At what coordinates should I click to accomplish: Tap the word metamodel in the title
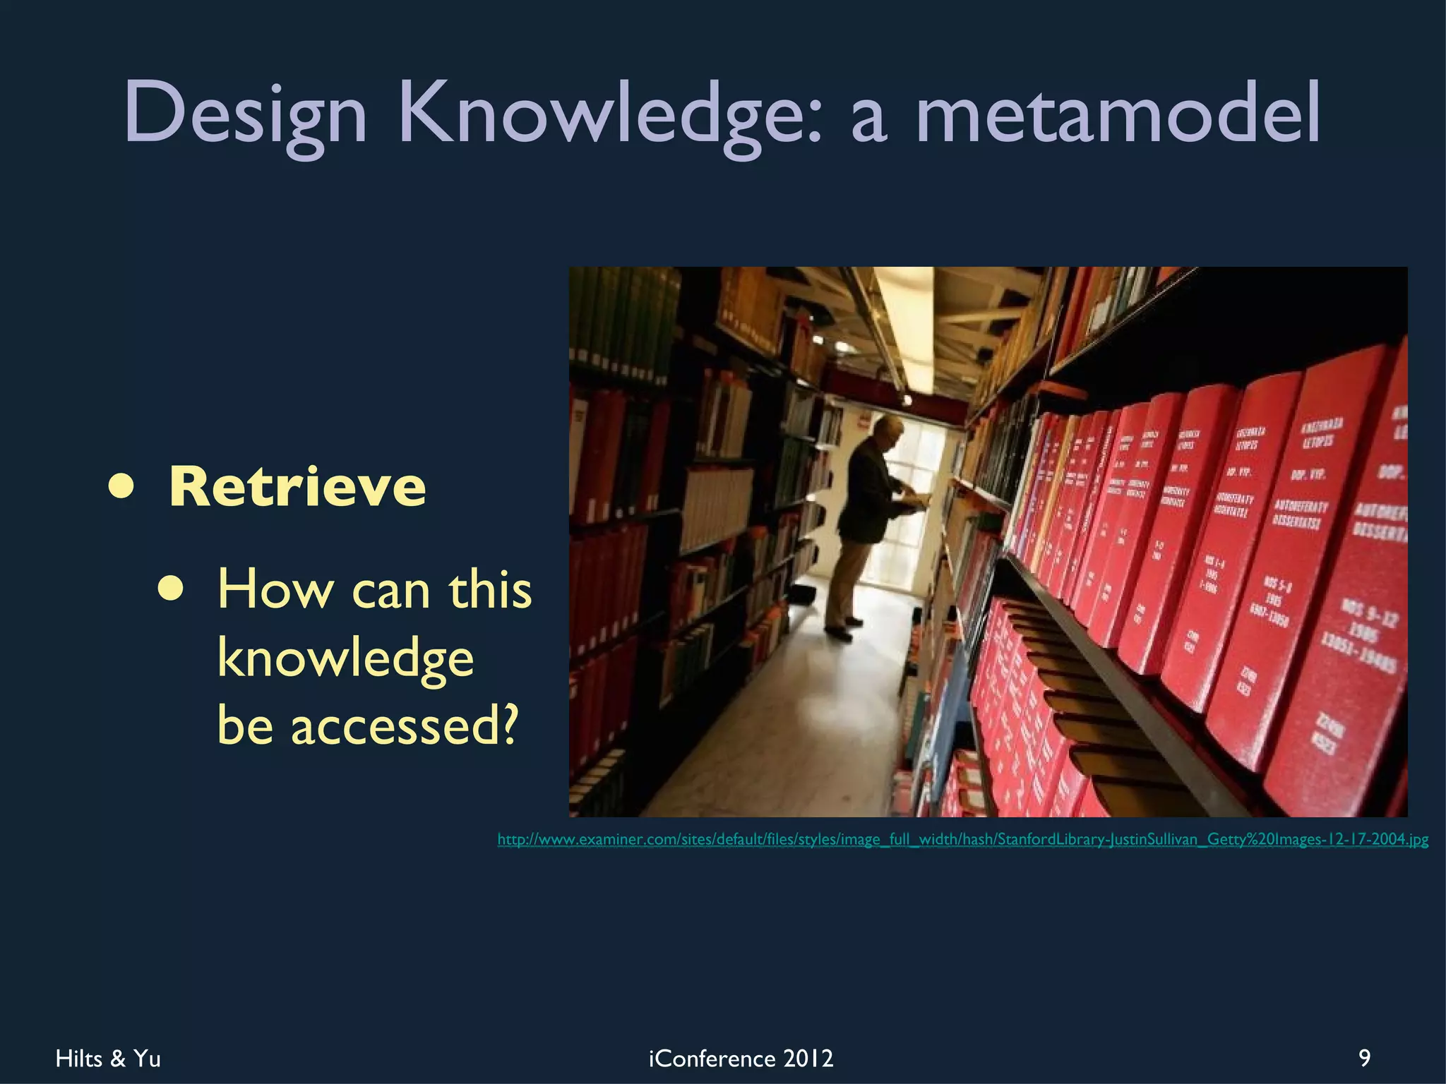(1117, 113)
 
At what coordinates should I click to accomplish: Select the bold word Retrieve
(297, 487)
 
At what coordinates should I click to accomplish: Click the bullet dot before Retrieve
(121, 488)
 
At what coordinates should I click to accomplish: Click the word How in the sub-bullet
(275, 589)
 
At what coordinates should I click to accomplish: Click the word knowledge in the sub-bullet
(345, 658)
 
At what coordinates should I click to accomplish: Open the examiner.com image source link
(962, 839)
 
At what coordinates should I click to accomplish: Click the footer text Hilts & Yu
(108, 1059)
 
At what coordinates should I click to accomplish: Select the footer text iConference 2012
(741, 1059)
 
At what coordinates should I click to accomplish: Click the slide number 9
(1365, 1058)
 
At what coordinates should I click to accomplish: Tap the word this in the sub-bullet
(490, 589)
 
